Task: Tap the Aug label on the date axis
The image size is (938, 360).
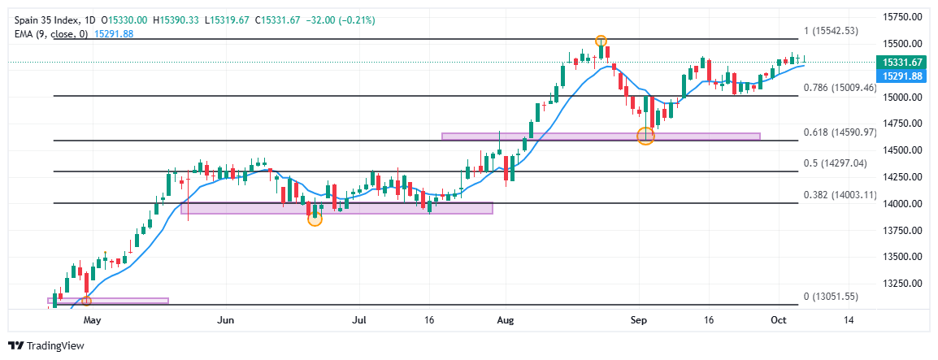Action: coord(506,321)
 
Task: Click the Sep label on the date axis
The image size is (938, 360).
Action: coord(639,321)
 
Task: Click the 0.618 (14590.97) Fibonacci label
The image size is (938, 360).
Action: coord(840,132)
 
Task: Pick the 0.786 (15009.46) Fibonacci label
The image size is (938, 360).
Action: coord(840,87)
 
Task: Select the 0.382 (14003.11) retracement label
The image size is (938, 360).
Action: coord(840,194)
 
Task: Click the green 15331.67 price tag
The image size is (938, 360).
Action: coord(901,62)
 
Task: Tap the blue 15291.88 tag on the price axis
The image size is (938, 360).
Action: coord(901,76)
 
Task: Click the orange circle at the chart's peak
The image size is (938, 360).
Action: coord(601,41)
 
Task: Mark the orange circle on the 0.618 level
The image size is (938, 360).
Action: coord(645,137)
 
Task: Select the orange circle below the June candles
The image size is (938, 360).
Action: coord(315,219)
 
